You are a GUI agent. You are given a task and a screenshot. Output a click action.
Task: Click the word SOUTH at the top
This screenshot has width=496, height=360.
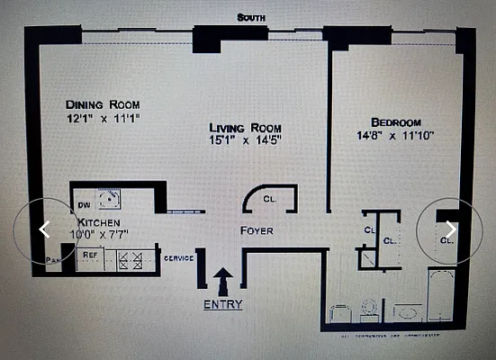point(250,17)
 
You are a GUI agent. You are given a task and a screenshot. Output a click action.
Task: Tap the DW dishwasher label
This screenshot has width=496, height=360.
point(82,205)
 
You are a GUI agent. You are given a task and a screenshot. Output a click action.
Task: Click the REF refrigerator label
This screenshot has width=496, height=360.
point(90,256)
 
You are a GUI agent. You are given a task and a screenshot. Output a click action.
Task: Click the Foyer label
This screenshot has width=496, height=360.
point(257,231)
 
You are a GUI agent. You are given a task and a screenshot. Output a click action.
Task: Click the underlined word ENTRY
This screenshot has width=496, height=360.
point(222,304)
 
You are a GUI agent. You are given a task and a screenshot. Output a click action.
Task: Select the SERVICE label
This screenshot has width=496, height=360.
point(178,258)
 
